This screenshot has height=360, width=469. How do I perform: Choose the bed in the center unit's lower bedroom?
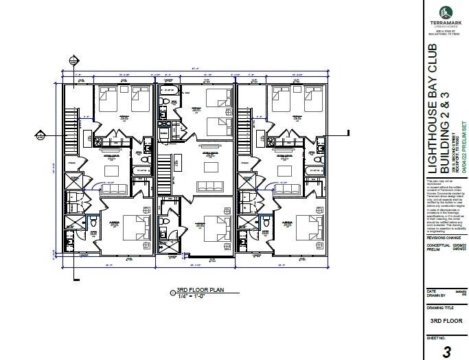tap(213, 230)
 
